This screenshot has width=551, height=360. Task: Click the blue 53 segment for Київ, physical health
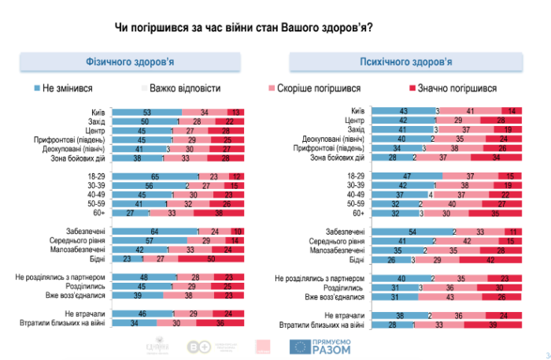[146, 113]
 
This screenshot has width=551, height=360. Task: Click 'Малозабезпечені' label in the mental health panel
[338, 249]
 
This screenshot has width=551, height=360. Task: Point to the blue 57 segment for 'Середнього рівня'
[148, 239]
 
